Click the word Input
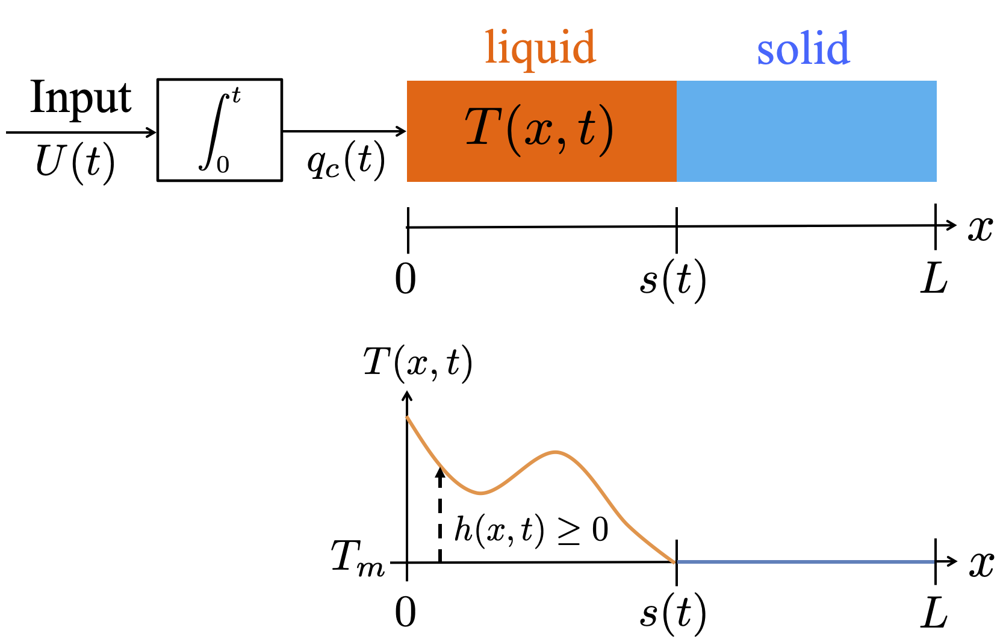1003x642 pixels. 81,98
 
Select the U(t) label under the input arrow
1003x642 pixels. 75,163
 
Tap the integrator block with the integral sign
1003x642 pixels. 220,130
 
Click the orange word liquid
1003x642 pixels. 540,48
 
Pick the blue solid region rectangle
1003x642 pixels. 806,131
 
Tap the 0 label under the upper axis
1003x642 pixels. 406,279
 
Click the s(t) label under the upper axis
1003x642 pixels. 672,281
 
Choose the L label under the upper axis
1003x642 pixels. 934,279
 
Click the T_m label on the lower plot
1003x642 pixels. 358,558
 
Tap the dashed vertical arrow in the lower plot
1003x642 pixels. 440,515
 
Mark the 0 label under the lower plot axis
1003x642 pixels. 406,614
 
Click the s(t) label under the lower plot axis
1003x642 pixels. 672,614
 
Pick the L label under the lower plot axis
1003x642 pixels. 934,614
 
